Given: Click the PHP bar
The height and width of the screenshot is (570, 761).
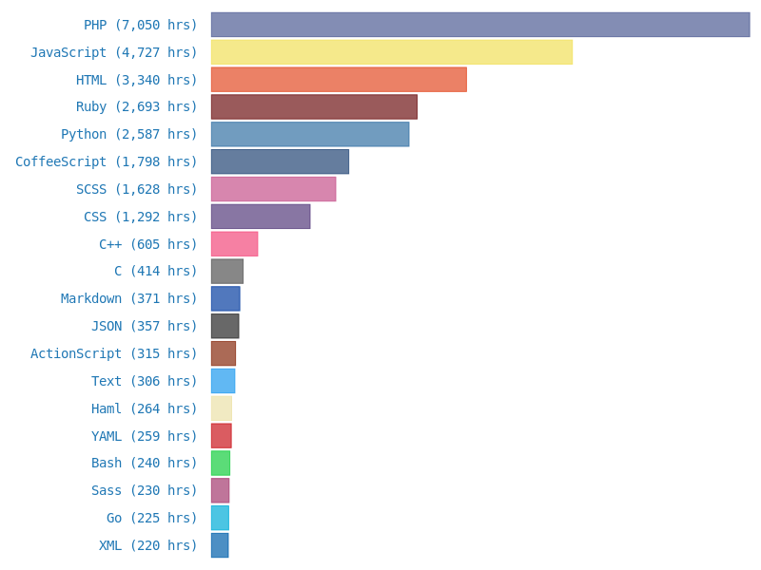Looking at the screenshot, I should click(480, 25).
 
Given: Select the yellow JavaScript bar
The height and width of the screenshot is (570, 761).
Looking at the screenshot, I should click(391, 52).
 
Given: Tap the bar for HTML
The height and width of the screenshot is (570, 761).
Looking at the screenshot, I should click(339, 80).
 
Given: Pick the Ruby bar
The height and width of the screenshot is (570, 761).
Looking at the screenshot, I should click(314, 106).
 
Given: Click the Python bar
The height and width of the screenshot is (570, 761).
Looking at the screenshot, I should click(310, 134).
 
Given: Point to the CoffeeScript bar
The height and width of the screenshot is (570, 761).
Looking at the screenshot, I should click(280, 161).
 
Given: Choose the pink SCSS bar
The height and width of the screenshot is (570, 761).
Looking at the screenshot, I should click(273, 189).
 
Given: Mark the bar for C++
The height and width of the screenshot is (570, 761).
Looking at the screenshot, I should click(234, 244).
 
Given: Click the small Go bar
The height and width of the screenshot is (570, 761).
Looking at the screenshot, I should click(220, 518).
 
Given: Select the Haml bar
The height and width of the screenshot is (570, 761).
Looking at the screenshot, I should click(221, 408).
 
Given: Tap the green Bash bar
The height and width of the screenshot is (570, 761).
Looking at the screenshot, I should click(220, 463).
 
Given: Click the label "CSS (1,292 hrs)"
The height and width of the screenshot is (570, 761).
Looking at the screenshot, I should click(141, 217).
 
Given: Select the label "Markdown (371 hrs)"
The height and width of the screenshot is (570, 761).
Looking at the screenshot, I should click(129, 298).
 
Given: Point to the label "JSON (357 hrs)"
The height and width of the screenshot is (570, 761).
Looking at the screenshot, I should click(145, 326).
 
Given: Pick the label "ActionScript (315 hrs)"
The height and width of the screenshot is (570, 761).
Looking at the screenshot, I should click(114, 353).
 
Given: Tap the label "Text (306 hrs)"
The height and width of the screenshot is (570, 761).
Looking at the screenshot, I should click(145, 381).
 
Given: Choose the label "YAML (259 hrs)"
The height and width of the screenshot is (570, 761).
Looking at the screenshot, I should click(145, 436).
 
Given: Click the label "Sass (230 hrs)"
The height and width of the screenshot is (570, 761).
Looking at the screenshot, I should click(145, 490).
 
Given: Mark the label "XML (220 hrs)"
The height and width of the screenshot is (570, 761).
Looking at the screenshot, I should click(148, 545).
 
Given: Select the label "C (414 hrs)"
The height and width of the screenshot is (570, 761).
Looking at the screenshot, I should click(156, 271).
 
